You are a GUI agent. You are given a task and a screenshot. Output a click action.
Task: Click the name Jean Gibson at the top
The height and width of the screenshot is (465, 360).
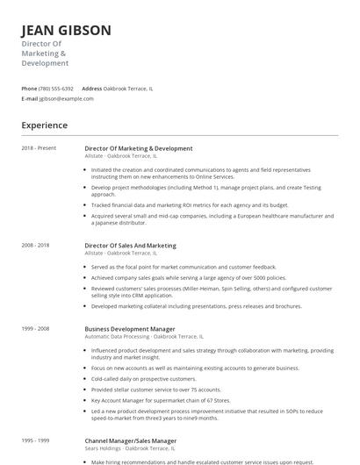pos(67,31)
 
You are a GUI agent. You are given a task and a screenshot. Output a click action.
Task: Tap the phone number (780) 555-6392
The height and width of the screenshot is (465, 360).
pos(57,89)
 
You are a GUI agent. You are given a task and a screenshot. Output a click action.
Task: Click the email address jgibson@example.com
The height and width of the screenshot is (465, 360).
pos(67,99)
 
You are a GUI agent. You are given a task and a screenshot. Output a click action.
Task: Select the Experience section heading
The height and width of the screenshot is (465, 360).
pos(45,125)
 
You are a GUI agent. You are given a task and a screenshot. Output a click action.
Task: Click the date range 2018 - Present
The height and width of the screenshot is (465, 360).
pos(39,148)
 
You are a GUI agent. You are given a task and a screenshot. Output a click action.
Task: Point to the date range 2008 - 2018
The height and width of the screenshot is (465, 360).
pos(37,246)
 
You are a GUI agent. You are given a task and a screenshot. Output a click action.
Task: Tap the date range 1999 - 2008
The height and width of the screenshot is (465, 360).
pos(37,328)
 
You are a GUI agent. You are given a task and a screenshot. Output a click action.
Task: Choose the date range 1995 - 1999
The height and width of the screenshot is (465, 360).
pos(37,440)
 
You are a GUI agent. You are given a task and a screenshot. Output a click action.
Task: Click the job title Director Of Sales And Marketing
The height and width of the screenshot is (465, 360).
pos(130,246)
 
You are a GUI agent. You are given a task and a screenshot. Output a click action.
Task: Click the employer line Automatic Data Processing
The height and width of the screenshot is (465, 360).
pos(143,336)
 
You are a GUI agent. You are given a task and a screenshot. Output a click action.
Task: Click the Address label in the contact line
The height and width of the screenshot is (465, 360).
pos(91,89)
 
